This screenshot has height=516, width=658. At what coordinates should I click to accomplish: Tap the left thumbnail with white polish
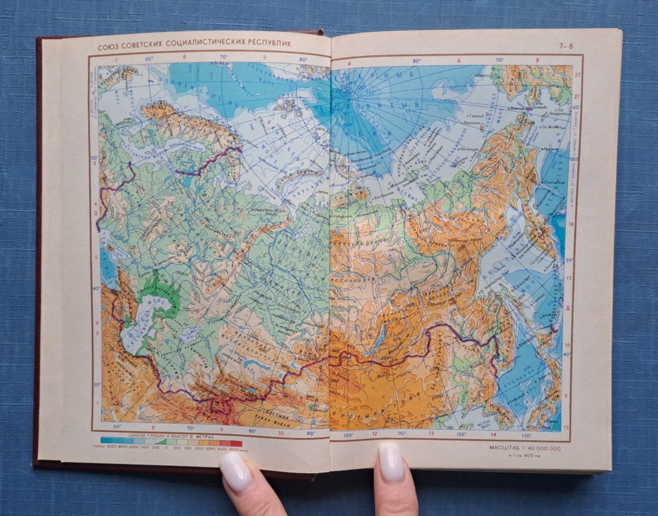235,471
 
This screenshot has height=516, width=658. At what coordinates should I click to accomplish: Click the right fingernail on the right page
391,461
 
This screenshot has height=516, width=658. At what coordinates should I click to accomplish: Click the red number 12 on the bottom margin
375,434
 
